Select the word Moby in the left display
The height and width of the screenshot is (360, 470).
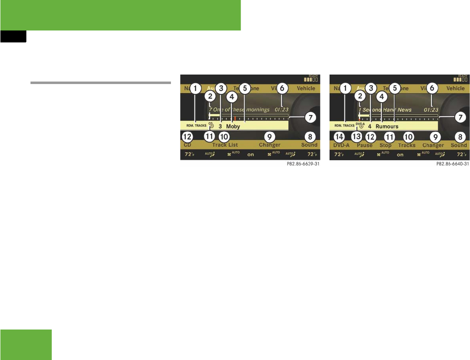pyautogui.click(x=233, y=127)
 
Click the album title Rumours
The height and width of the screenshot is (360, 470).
pyautogui.click(x=387, y=127)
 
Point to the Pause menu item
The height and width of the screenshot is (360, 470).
pyautogui.click(x=365, y=145)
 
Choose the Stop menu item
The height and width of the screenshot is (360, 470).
pyautogui.click(x=386, y=145)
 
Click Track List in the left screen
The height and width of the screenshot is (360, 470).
pyautogui.click(x=225, y=145)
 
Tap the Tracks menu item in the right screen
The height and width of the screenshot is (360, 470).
pyautogui.click(x=407, y=145)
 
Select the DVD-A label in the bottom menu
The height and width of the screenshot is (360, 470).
pyautogui.click(x=341, y=145)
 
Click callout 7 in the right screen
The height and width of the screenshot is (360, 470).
pyautogui.click(x=461, y=117)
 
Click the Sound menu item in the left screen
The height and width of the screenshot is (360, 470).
pyautogui.click(x=309, y=145)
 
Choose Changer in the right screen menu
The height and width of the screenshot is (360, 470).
pyautogui.click(x=433, y=145)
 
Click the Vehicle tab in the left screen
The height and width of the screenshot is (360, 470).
pyautogui.click(x=306, y=88)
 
